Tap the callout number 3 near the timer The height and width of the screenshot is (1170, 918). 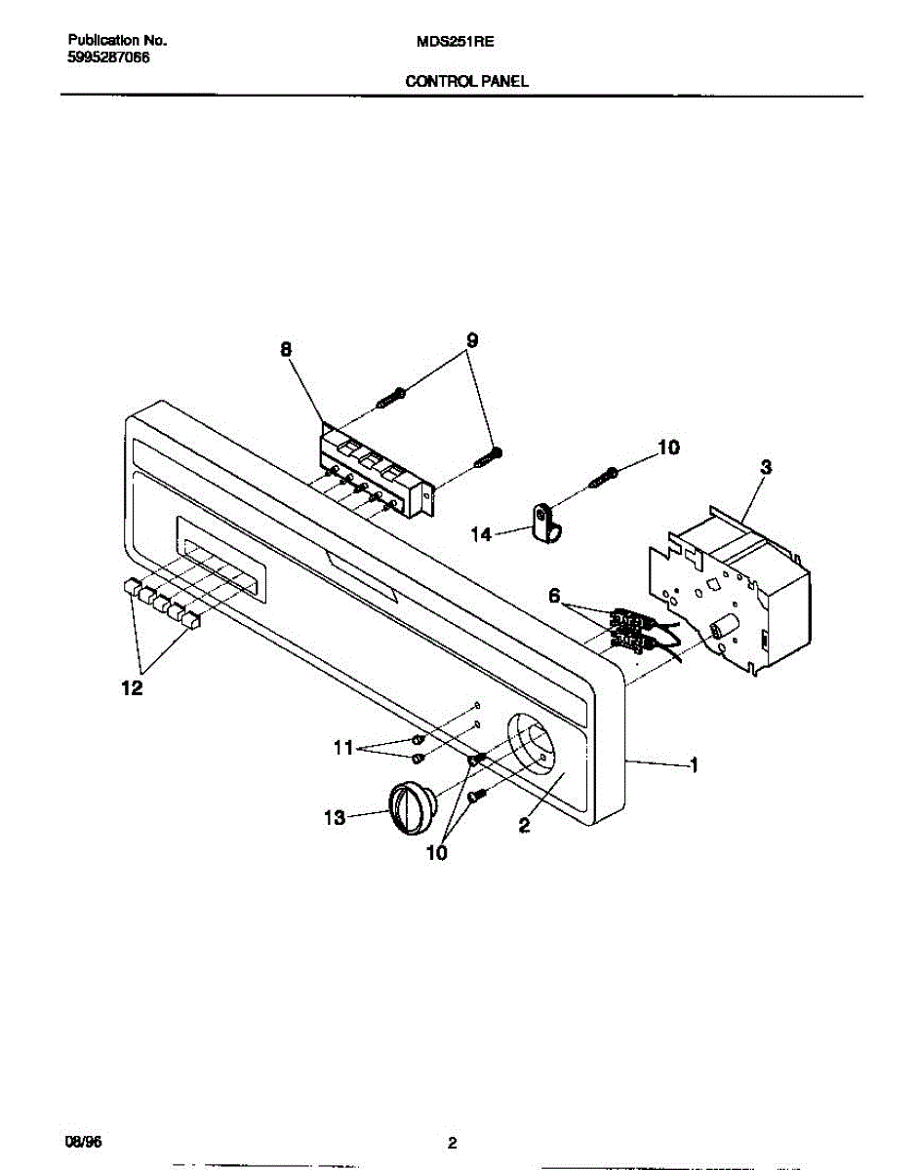point(766,468)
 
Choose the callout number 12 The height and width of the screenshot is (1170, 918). point(132,688)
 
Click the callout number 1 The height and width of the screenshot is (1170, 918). point(694,766)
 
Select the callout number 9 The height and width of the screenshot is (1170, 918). point(471,341)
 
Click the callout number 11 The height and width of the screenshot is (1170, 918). point(342,748)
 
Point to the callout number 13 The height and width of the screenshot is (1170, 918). point(335,818)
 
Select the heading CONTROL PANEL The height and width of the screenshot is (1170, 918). point(467,82)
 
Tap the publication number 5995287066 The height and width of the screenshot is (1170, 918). point(109,58)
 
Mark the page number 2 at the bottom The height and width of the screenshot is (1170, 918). point(452,1143)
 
